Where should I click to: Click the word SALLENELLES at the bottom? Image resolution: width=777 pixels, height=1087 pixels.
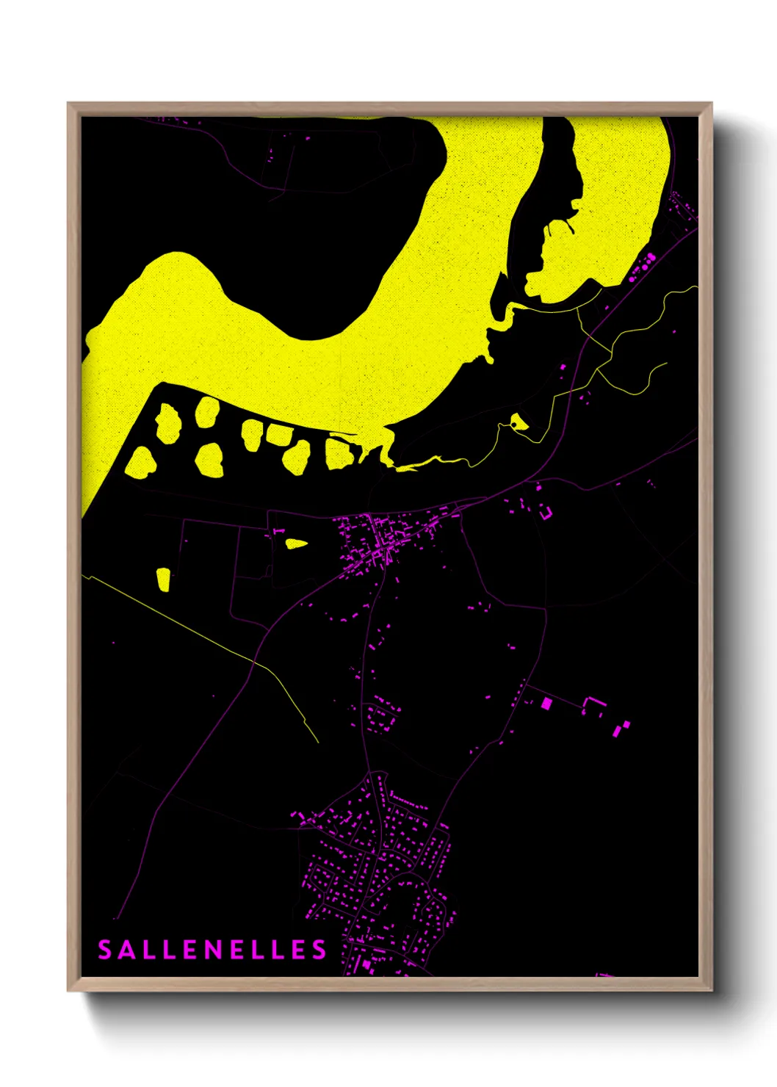coord(212,950)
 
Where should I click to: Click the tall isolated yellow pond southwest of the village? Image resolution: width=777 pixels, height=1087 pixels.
coord(163,579)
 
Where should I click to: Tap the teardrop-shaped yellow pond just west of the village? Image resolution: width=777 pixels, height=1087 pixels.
coord(296,543)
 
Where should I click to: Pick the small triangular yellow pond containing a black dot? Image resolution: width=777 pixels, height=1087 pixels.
coord(519,422)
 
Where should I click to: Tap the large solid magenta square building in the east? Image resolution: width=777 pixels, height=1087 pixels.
coord(546,704)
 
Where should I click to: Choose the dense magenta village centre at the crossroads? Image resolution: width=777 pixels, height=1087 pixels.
coord(378,543)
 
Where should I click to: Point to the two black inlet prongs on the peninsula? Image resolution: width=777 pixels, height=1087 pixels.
coord(560,228)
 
